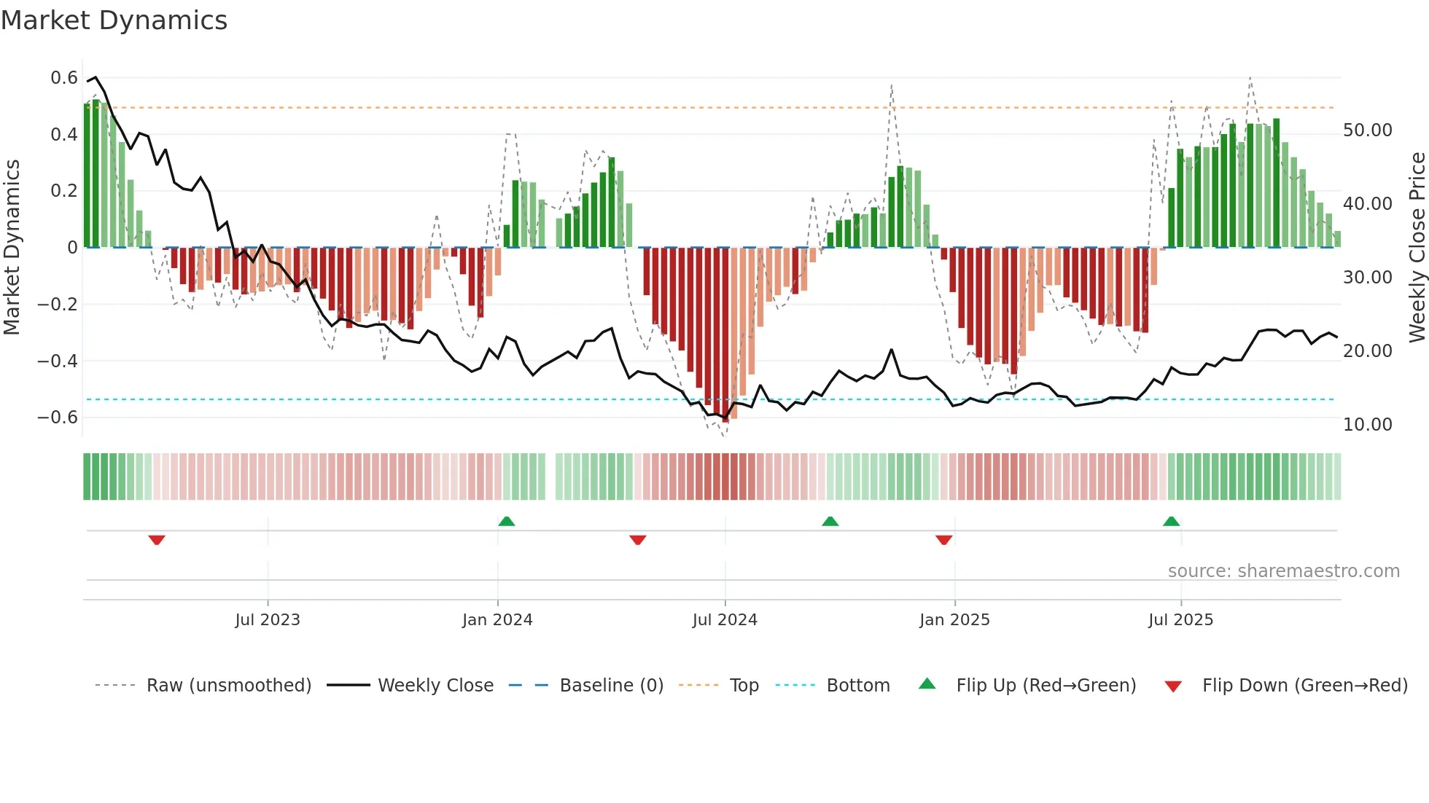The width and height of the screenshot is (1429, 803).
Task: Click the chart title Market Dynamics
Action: pos(114,20)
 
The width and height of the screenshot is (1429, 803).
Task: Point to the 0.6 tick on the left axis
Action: pos(64,78)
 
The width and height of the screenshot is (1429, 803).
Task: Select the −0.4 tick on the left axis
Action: pos(58,361)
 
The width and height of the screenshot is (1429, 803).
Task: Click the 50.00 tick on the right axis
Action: pos(1368,130)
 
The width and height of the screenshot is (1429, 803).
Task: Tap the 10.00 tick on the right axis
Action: pos(1368,425)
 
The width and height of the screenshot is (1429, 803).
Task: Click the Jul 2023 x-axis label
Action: pos(268,620)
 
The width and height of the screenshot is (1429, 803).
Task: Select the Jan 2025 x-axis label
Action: pos(954,620)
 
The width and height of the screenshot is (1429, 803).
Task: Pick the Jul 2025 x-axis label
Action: pos(1180,620)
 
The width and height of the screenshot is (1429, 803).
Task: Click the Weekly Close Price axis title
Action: pos(1417,247)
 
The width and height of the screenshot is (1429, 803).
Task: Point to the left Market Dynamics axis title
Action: pos(12,247)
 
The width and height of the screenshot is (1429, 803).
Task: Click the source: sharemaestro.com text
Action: pos(1283,571)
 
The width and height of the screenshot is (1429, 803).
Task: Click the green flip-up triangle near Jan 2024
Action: pos(507,521)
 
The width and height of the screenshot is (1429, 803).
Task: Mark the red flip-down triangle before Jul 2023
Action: pos(157,540)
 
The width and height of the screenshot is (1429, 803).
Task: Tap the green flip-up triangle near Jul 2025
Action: pos(1171,521)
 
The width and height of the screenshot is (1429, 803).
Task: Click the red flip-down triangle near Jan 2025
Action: pos(943,540)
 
